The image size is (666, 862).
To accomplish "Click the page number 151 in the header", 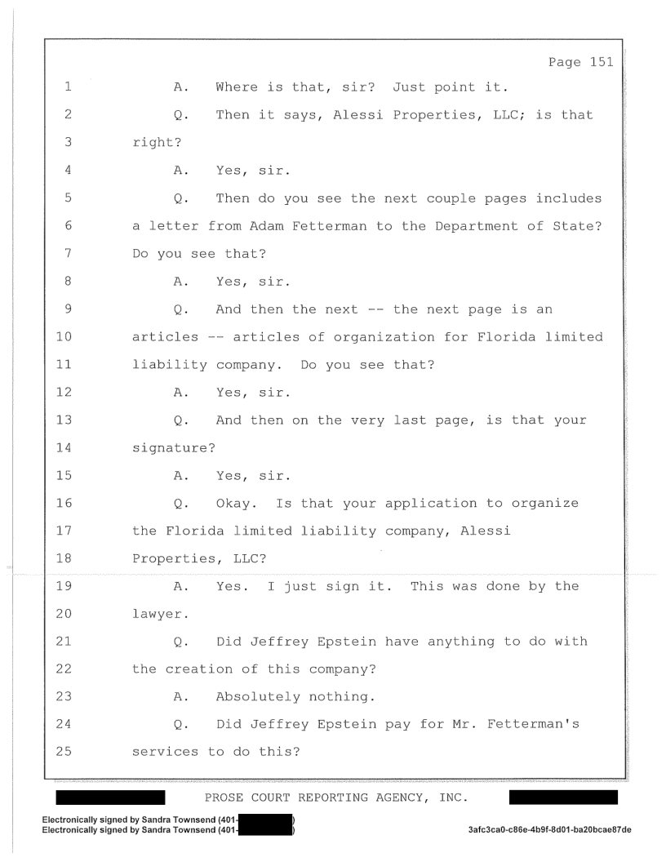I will (599, 61).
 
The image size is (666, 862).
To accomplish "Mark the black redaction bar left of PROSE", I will (111, 797).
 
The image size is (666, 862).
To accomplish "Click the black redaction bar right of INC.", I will (562, 797).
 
